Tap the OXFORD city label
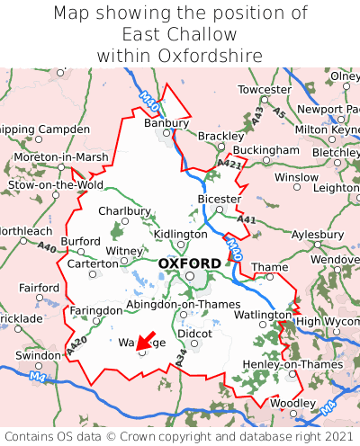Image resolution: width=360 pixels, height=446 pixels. pyautogui.click(x=189, y=263)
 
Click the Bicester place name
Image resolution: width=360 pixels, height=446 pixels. pyautogui.click(x=219, y=199)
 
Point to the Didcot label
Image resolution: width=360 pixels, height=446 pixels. pyautogui.click(x=194, y=333)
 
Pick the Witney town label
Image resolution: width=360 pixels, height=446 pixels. pyautogui.click(x=124, y=251)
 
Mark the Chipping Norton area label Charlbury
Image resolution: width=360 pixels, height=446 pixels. pyautogui.click(x=124, y=211)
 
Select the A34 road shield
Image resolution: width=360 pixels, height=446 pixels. pyautogui.click(x=180, y=359)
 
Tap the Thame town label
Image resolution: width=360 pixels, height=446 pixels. pyautogui.click(x=270, y=267)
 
